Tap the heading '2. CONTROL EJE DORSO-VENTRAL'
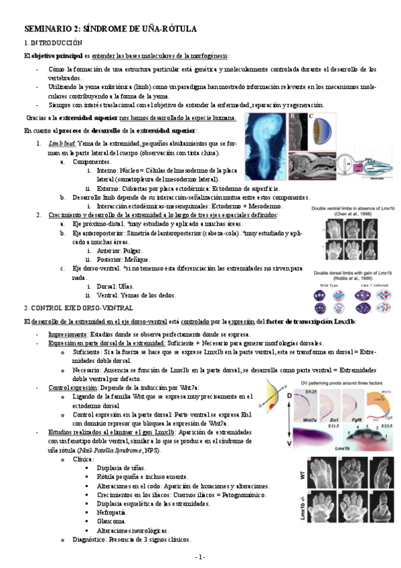[71, 307]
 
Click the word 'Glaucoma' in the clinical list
[112, 520]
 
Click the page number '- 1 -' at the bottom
[200, 557]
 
